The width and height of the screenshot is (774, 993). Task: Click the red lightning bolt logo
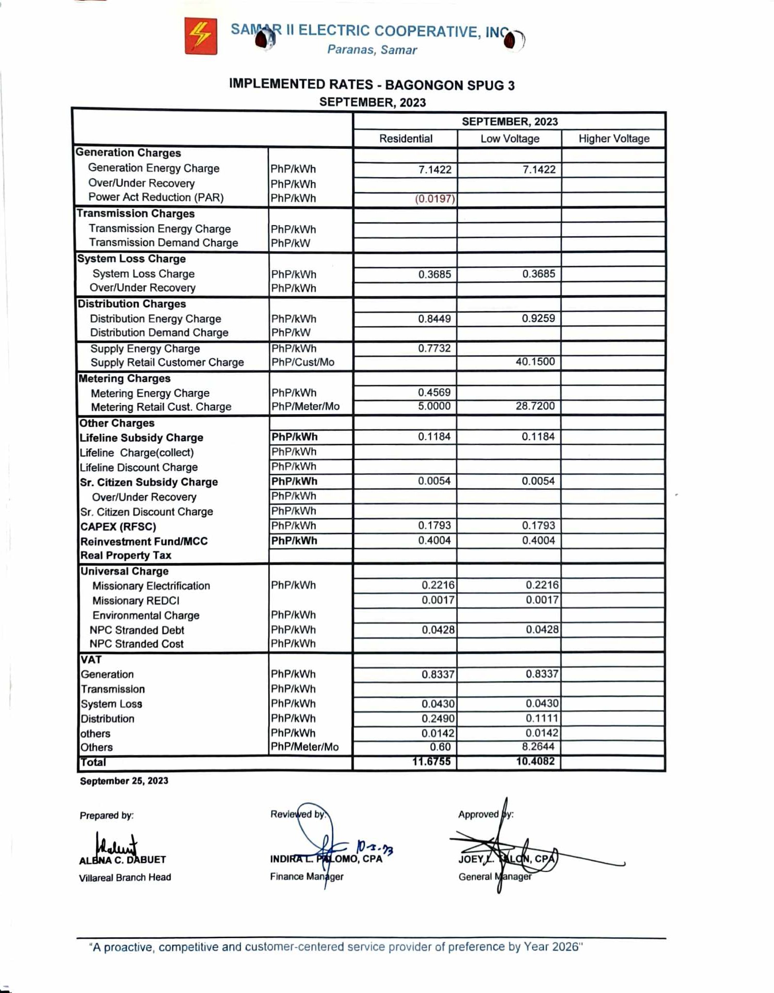pyautogui.click(x=200, y=36)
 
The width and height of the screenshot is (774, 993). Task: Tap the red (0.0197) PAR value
pyautogui.click(x=435, y=199)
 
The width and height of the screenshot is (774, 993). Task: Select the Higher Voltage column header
pyautogui.click(x=613, y=139)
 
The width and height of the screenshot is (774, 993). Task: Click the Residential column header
pyautogui.click(x=405, y=139)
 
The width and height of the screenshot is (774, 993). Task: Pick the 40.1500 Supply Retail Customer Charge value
pyautogui.click(x=535, y=362)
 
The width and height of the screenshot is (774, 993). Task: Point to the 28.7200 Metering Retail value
pyautogui.click(x=535, y=406)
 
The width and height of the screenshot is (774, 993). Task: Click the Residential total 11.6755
pyautogui.click(x=431, y=761)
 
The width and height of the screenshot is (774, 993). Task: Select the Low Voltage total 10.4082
pyautogui.click(x=535, y=761)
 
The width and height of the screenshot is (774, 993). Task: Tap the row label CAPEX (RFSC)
pyautogui.click(x=118, y=527)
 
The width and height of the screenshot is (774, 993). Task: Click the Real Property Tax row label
pyautogui.click(x=126, y=555)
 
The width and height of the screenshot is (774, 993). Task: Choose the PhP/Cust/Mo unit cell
pyautogui.click(x=303, y=362)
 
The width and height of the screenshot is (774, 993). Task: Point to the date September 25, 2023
pyautogui.click(x=124, y=781)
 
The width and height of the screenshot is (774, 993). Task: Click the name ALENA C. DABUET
pyautogui.click(x=123, y=860)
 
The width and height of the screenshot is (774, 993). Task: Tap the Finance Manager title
pyautogui.click(x=306, y=876)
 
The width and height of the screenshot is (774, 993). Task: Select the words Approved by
pyautogui.click(x=485, y=814)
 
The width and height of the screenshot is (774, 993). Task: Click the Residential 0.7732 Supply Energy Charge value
pyautogui.click(x=434, y=348)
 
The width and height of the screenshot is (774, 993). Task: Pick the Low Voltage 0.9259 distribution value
pyautogui.click(x=538, y=318)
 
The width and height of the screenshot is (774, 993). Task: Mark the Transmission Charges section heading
pyautogui.click(x=135, y=213)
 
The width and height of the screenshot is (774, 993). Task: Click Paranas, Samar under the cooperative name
pyautogui.click(x=372, y=50)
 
